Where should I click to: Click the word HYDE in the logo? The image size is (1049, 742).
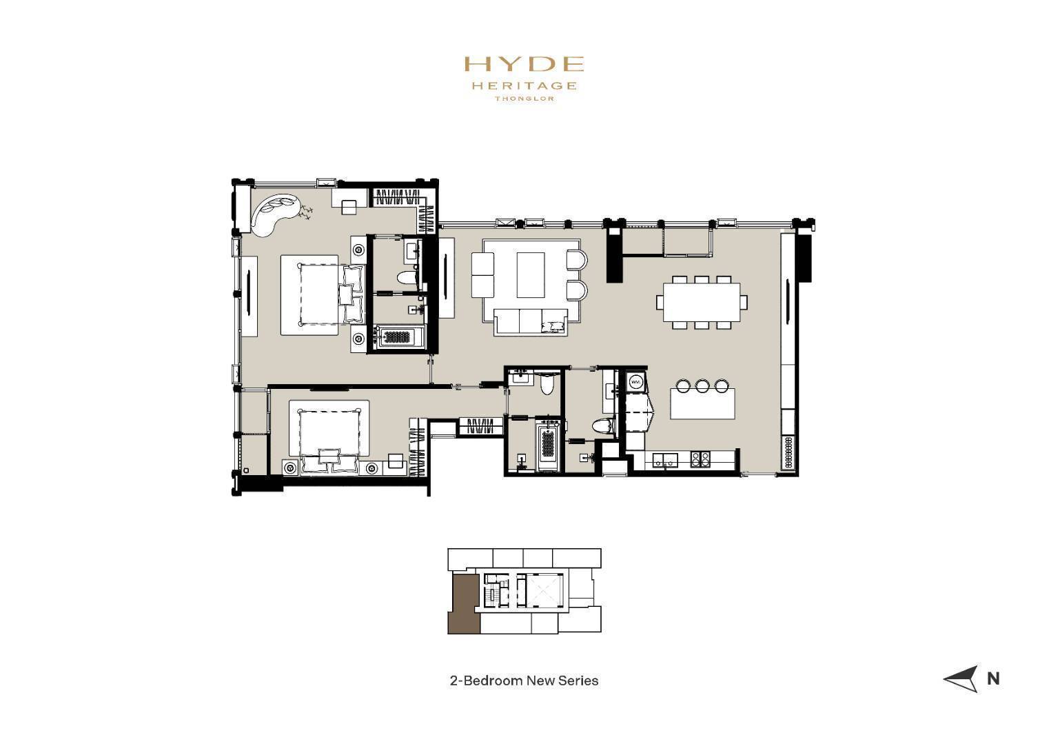524,63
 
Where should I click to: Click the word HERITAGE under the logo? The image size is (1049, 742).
524,86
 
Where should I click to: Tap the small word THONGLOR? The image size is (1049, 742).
524,99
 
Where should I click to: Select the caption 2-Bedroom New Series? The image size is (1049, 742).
524,681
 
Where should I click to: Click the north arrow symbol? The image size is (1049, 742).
961,679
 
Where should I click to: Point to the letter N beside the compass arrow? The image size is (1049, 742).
993,679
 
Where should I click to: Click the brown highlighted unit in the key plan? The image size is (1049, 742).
464,605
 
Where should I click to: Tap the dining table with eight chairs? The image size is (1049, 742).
702,302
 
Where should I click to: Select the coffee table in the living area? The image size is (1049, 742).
531,275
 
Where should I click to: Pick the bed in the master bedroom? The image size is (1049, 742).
323,294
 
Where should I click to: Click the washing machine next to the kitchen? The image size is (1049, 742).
636,382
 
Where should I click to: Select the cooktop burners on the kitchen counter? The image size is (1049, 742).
700,459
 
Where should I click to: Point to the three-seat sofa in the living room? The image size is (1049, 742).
531,322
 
